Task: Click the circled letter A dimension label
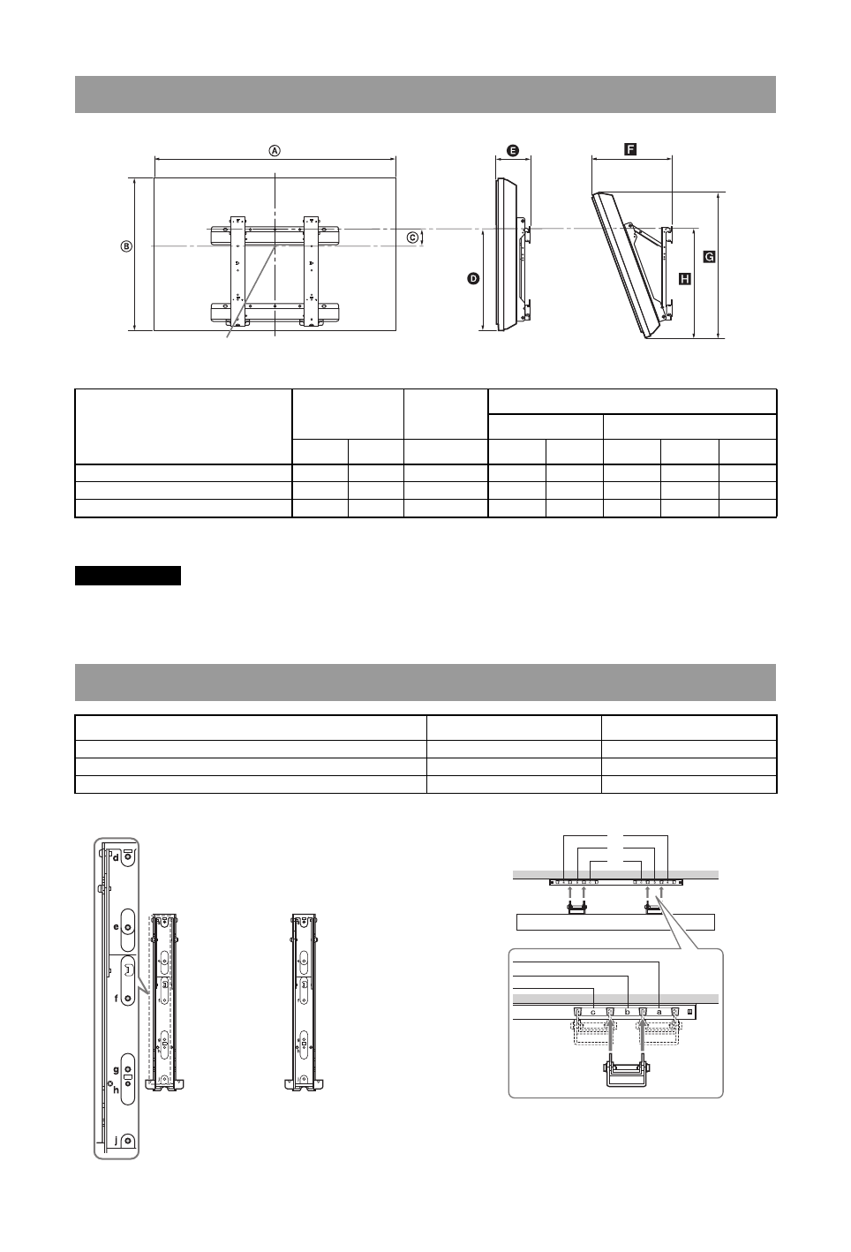275,151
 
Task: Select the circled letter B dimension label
127,246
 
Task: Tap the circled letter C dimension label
412,238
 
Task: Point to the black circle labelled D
473,279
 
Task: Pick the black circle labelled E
512,150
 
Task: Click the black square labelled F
630,149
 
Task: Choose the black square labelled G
709,257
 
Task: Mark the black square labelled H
685,279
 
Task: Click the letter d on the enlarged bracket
116,857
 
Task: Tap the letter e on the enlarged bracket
117,927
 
